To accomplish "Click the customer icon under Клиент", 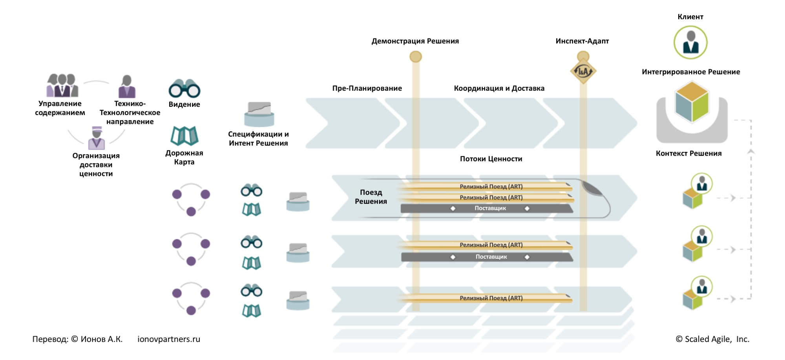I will coord(690,42).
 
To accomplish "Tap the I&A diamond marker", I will coord(583,71).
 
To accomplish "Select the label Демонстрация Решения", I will coord(415,41).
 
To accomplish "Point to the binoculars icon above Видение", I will coord(184,89).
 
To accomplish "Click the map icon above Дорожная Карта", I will coord(184,136).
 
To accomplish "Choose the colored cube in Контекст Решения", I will coord(692,102).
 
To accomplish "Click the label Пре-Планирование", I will coord(367,88).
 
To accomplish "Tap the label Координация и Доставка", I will coord(499,88).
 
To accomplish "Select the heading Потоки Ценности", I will coord(491,159).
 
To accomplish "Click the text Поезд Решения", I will coord(371,197).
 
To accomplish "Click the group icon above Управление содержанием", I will coord(62,85).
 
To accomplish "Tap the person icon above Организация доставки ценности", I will coord(97,138).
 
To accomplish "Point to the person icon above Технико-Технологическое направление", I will coord(127,86).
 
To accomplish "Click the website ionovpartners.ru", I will coord(169,339).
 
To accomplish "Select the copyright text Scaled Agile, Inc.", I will coord(712,339).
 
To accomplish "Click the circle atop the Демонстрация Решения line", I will coord(416,57).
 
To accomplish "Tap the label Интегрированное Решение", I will coord(691,72).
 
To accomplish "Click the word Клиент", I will coord(690,17).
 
